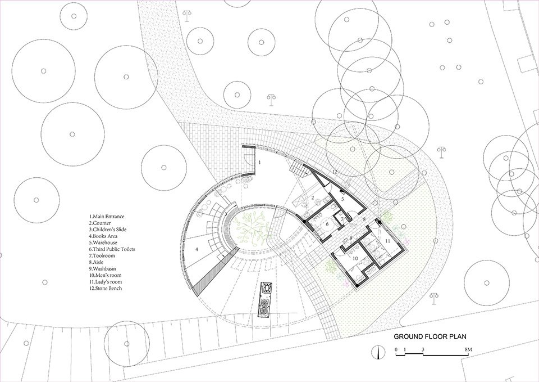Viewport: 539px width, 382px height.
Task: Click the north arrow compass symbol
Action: point(378,353)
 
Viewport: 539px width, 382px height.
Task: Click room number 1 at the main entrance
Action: point(260,162)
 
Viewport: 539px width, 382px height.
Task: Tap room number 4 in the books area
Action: point(197,248)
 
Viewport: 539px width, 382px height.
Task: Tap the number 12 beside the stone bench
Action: point(334,170)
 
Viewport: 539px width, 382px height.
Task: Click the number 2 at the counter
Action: point(312,198)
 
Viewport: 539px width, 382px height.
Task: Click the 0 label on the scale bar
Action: point(396,349)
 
